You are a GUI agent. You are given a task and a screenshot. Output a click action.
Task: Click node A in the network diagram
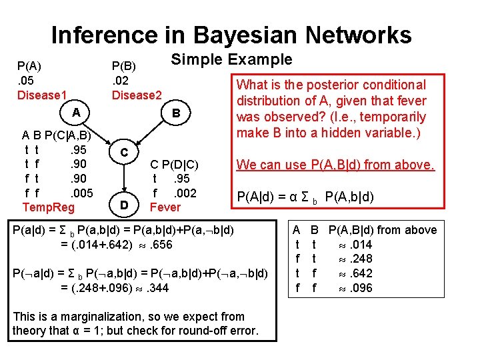point(77,113)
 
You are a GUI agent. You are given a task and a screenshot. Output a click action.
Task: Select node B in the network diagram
point(176,113)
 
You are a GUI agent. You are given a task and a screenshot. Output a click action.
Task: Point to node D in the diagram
point(124,203)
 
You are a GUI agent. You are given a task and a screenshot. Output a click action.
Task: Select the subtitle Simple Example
point(231,59)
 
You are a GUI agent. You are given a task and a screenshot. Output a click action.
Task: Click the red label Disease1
point(42,95)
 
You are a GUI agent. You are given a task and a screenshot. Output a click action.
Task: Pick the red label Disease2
point(137,95)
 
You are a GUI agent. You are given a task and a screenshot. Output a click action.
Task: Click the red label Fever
point(165,207)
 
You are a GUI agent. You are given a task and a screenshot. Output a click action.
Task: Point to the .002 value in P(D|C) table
point(183,193)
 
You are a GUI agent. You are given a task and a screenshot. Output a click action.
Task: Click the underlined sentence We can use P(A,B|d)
point(335,164)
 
